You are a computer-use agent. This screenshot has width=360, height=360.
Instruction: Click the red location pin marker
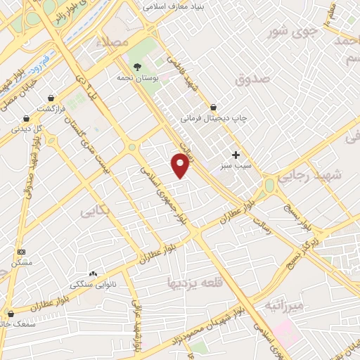[x=180, y=165]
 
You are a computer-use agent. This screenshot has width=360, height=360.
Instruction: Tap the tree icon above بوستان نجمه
[x=136, y=65]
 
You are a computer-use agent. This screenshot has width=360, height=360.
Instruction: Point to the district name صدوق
[x=252, y=80]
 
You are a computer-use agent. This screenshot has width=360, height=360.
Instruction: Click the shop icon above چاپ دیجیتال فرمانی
[x=213, y=108]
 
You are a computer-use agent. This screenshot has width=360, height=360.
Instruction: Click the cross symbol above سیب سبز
[x=236, y=155]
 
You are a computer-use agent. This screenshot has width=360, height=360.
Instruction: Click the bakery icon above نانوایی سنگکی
[x=93, y=274]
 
